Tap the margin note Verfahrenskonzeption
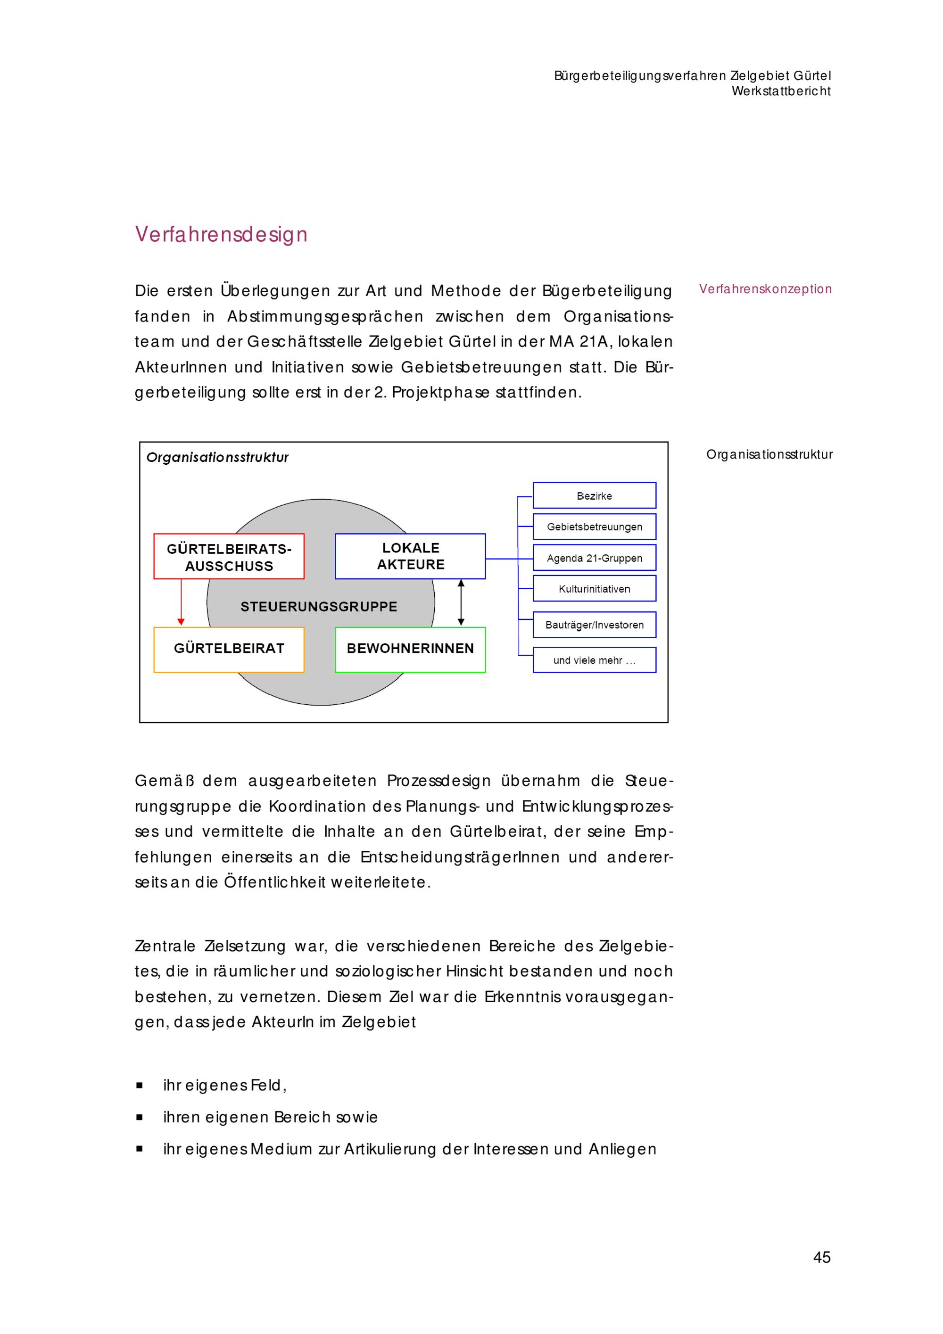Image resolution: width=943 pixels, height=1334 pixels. pos(765,289)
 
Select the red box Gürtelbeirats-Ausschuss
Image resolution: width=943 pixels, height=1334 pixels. pos(229,557)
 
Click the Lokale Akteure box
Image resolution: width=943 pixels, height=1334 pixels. pos(410,556)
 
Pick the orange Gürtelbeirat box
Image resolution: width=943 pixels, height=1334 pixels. pos(229,649)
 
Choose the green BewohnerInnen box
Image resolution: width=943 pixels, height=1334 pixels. pos(410,649)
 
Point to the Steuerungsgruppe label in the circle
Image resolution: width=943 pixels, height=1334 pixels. pos(319,607)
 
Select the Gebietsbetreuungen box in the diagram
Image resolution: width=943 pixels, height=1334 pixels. pos(595,527)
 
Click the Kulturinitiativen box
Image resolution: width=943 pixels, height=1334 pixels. pos(595,589)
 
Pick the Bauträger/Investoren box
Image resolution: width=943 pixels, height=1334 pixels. pos(595,625)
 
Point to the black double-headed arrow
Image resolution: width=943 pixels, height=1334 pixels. pos(461,602)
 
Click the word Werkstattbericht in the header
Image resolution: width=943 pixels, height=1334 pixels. pos(781,91)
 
